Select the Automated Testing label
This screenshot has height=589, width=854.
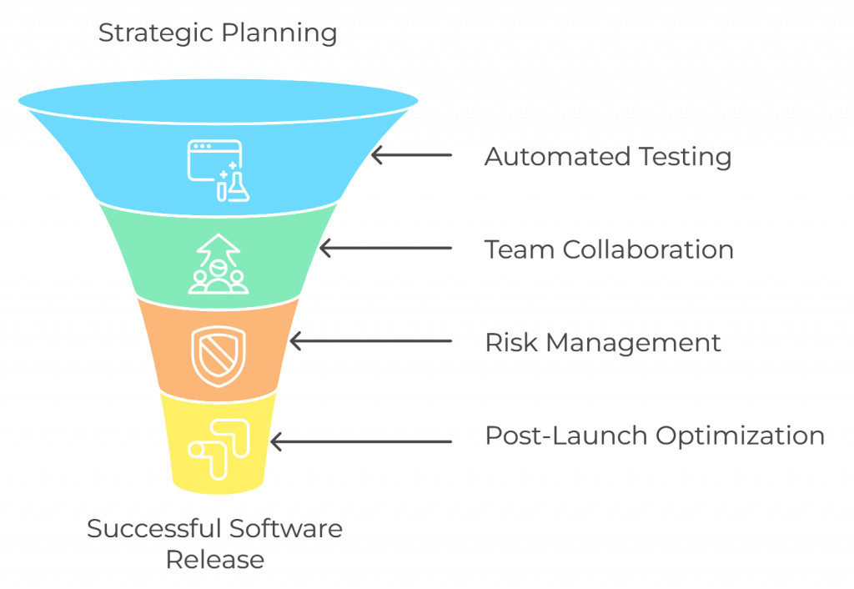[x=607, y=157]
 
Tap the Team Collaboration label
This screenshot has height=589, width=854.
[x=609, y=249]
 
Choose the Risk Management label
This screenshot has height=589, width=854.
[x=603, y=343]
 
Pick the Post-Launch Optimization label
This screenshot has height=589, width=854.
[x=655, y=436]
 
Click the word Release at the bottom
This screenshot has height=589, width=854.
[x=215, y=559]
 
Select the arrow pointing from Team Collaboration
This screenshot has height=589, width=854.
[x=385, y=249]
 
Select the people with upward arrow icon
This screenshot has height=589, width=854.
[x=219, y=264]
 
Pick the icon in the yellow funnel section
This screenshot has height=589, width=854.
[x=216, y=448]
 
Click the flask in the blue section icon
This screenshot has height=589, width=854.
[x=239, y=185]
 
